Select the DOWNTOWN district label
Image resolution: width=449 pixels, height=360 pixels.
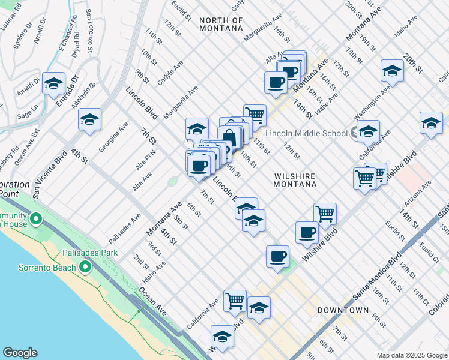pyautogui.click(x=343, y=310)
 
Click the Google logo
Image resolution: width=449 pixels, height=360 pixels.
pyautogui.click(x=20, y=353)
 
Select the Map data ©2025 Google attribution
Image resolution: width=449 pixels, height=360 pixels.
pyautogui.click(x=411, y=355)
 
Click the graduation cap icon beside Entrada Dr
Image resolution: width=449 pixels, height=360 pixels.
pyautogui.click(x=53, y=83)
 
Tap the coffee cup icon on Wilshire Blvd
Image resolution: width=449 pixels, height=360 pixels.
pyautogui.click(x=307, y=232)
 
